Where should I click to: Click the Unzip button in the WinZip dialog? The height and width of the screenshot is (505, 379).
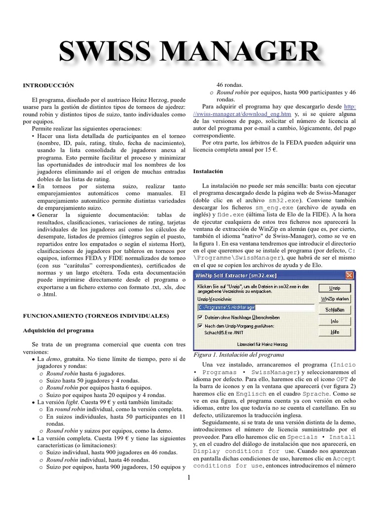point(335,288)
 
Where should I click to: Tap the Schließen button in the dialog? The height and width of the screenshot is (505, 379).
point(335,310)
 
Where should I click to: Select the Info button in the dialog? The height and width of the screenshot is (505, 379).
point(335,321)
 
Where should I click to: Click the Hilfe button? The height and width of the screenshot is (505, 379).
point(335,332)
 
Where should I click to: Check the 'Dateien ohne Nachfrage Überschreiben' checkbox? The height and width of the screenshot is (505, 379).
point(200,317)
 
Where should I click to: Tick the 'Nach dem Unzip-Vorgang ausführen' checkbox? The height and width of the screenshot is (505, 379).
point(200,325)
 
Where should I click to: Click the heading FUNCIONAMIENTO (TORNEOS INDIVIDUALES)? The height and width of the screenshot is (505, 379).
point(96,315)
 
